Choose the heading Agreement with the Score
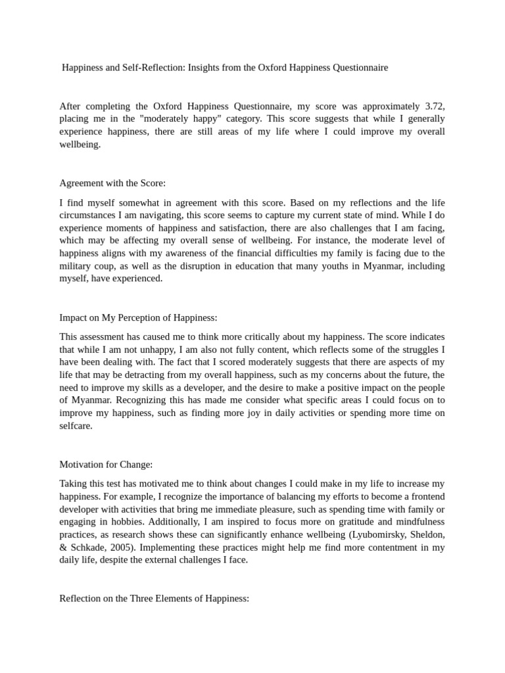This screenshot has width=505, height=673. point(112,183)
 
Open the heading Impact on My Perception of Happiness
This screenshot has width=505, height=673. point(138,317)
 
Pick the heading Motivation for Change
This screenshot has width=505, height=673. point(106,464)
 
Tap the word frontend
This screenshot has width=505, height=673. point(425,497)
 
